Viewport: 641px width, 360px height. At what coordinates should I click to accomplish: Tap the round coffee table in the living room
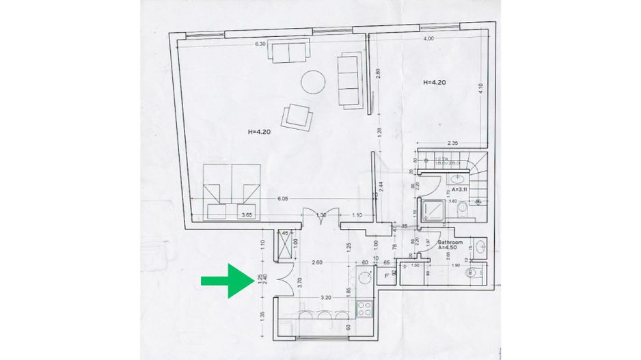click(314, 82)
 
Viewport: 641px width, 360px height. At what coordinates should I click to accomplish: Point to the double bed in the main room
click(232, 191)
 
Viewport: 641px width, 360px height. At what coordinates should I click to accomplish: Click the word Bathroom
click(450, 243)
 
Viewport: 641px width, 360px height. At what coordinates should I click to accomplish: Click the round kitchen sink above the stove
click(365, 277)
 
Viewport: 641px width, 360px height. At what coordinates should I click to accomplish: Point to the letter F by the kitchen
click(387, 275)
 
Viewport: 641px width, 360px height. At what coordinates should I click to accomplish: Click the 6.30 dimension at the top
click(260, 44)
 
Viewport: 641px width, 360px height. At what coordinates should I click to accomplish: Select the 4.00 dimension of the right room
click(428, 39)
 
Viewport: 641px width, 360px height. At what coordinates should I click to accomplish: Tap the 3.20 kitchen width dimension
click(326, 299)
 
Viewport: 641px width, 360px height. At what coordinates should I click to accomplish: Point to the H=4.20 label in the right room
click(435, 82)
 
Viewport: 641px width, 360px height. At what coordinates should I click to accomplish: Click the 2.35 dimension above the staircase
click(452, 143)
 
